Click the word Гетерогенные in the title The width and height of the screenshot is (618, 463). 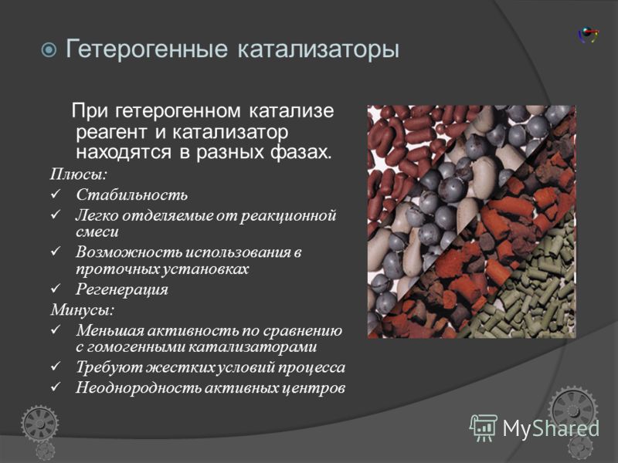tap(146, 49)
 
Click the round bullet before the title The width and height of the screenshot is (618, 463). tap(49, 50)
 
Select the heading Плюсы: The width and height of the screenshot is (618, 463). tap(79, 174)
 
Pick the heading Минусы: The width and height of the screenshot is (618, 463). tap(82, 310)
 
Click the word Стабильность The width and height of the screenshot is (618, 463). tap(131, 195)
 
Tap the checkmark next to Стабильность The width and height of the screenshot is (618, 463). tap(56, 194)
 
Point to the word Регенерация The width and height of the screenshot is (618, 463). tap(122, 290)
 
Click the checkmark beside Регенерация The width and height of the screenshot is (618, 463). tap(56, 289)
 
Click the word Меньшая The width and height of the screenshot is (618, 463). tap(110, 330)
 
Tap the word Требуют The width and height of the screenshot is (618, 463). tap(109, 367)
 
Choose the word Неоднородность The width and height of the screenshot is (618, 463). tap(139, 388)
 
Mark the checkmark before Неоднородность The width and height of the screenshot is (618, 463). tap(56, 387)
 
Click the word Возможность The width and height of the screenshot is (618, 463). tap(129, 252)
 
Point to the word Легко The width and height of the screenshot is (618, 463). tap(97, 216)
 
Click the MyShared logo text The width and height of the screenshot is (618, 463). tap(551, 428)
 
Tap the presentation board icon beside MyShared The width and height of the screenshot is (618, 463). tap(484, 428)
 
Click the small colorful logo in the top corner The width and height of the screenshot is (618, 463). tap(588, 35)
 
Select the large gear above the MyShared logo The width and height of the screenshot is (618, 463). tap(573, 411)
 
